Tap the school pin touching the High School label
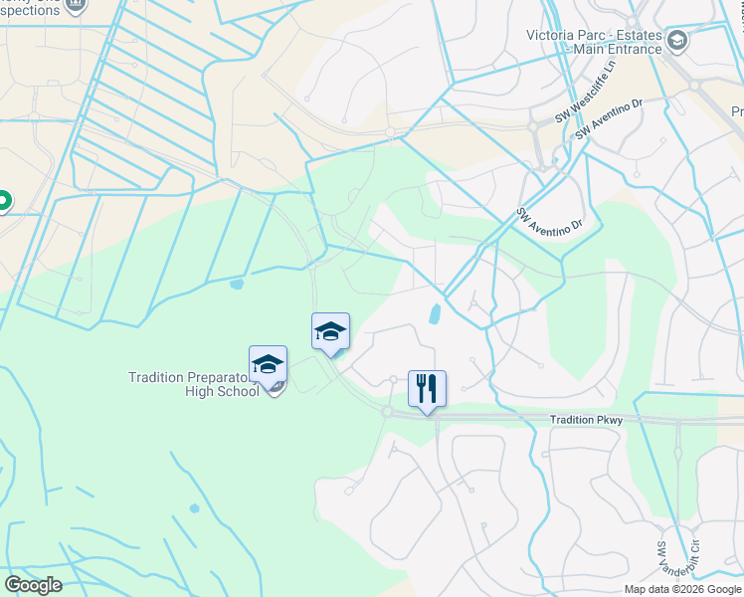(x=269, y=365)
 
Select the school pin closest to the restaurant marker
(x=330, y=332)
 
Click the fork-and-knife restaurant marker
(x=428, y=389)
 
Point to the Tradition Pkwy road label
(x=586, y=421)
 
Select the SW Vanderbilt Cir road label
(x=662, y=562)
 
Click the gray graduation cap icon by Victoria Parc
(x=678, y=41)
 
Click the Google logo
(x=33, y=584)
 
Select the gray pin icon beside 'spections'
(x=76, y=6)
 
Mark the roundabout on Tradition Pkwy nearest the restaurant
(x=386, y=410)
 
